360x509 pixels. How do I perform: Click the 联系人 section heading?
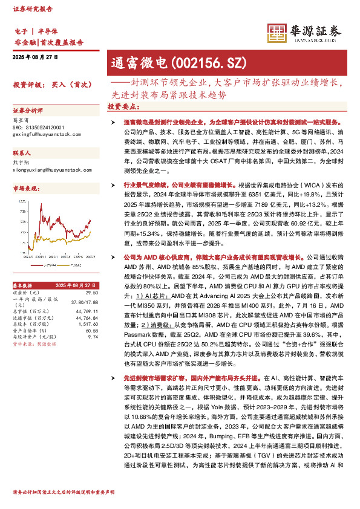22,154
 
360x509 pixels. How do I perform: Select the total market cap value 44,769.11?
88,311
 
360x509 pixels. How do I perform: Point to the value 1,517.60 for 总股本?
89,324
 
